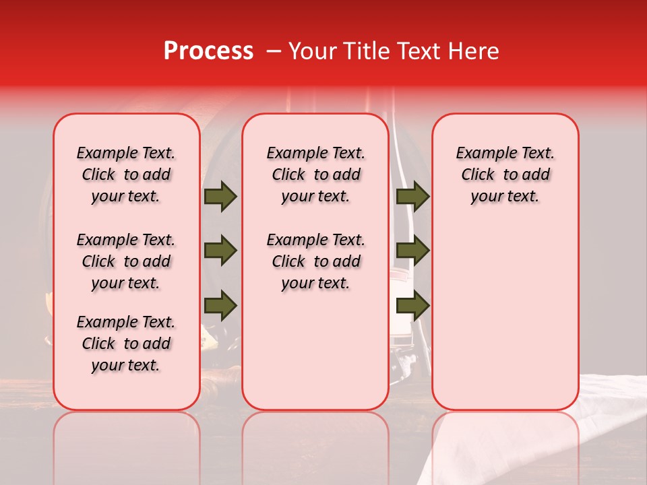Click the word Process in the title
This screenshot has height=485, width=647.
(x=208, y=51)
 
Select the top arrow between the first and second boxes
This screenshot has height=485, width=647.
(x=220, y=196)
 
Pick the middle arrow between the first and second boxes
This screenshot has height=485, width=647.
(x=220, y=251)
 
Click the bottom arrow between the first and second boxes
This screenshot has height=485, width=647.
(x=220, y=305)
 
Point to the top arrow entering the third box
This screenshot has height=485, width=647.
(x=413, y=196)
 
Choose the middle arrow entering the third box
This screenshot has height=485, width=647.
(x=413, y=251)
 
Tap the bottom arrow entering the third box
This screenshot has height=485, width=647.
(x=413, y=305)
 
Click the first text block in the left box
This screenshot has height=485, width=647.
(x=126, y=174)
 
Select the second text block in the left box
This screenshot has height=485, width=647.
(x=126, y=261)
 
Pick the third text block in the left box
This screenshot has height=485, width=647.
(x=126, y=344)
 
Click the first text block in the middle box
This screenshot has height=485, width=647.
(x=315, y=174)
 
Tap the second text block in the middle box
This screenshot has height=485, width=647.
(x=315, y=261)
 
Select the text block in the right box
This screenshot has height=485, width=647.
(x=505, y=174)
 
